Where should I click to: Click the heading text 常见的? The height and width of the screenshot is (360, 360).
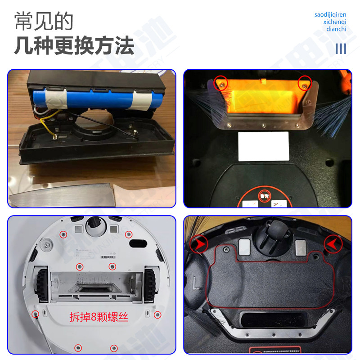coord(43,21)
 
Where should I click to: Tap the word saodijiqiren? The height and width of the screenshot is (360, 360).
coord(330,15)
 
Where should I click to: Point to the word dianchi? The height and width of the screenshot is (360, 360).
coord(336,29)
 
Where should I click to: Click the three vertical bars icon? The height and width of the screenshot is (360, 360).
coord(341,48)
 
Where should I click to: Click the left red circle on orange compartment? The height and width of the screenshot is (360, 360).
coord(220,83)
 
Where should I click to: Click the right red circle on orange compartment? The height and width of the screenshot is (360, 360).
coord(305,83)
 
